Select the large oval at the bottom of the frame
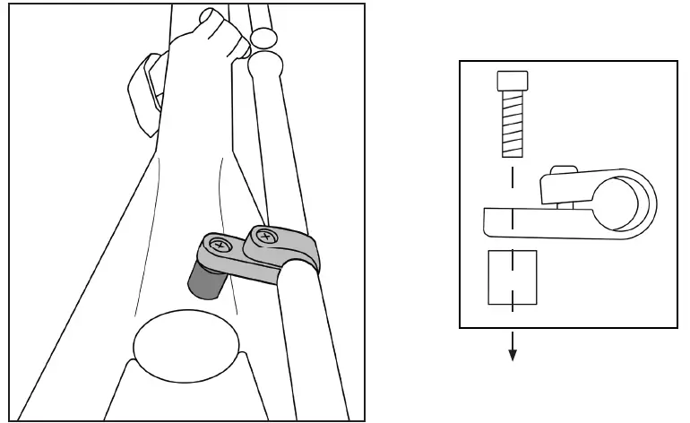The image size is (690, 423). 186,346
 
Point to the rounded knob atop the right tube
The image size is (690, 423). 266,68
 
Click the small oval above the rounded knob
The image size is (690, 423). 263,37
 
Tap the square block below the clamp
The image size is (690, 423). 512,278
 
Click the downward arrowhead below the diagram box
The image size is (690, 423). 513,356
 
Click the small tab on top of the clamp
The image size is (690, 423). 564,168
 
